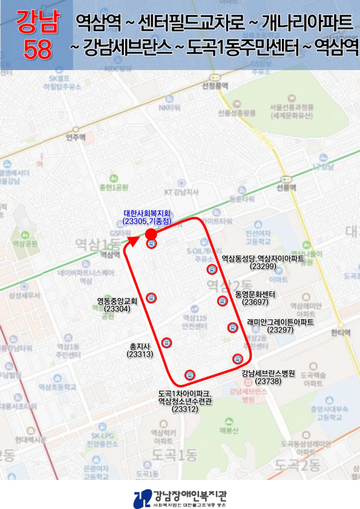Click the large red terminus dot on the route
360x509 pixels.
(151, 233)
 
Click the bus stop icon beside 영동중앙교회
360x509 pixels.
(151, 297)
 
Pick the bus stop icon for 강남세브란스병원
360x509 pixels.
(237, 359)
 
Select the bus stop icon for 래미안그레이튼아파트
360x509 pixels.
(232, 328)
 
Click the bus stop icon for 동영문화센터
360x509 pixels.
(222, 300)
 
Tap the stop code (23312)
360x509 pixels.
(185, 409)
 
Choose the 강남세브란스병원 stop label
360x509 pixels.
(267, 374)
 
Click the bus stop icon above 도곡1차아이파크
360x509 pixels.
(190, 375)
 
